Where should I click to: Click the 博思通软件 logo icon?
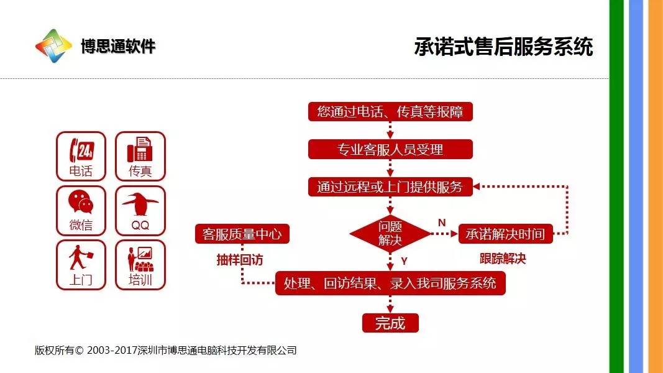(53, 46)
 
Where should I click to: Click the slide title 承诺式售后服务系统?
(503, 47)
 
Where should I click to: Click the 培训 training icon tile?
(140, 265)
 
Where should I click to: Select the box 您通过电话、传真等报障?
(390, 112)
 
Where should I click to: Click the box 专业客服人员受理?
(390, 149)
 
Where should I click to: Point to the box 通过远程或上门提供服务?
(390, 186)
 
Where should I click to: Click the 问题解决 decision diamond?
(390, 234)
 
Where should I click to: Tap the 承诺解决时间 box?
(505, 234)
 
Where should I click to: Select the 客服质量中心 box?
(242, 234)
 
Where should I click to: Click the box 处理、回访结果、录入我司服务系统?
(390, 283)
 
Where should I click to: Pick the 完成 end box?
(390, 323)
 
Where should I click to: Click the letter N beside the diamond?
(442, 223)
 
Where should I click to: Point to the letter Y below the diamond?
(404, 260)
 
